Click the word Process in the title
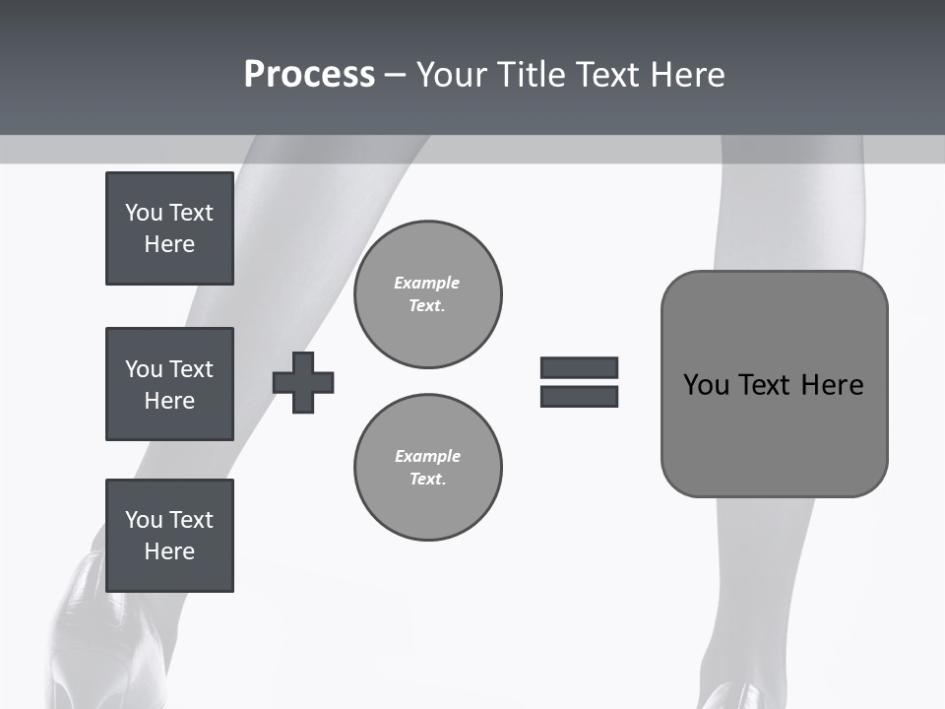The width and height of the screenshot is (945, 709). tap(309, 75)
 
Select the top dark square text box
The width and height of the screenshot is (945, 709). tap(169, 228)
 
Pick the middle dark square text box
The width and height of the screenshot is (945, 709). tap(169, 384)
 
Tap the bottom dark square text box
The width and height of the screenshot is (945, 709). tap(169, 536)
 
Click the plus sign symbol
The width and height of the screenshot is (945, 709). tap(303, 382)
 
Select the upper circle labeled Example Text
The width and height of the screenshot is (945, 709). tap(428, 294)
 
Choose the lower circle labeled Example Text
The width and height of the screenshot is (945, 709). tap(428, 468)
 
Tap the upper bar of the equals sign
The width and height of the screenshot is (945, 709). tap(579, 368)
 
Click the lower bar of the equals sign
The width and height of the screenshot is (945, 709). tap(579, 397)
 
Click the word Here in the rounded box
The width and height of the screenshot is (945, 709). tap(832, 385)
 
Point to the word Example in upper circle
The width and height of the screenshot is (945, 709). tap(426, 283)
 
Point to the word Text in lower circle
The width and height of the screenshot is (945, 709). tap(426, 480)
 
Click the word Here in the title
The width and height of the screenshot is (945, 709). tap(688, 75)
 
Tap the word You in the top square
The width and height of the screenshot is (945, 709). tap(144, 213)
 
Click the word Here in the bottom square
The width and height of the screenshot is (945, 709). tap(169, 551)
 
